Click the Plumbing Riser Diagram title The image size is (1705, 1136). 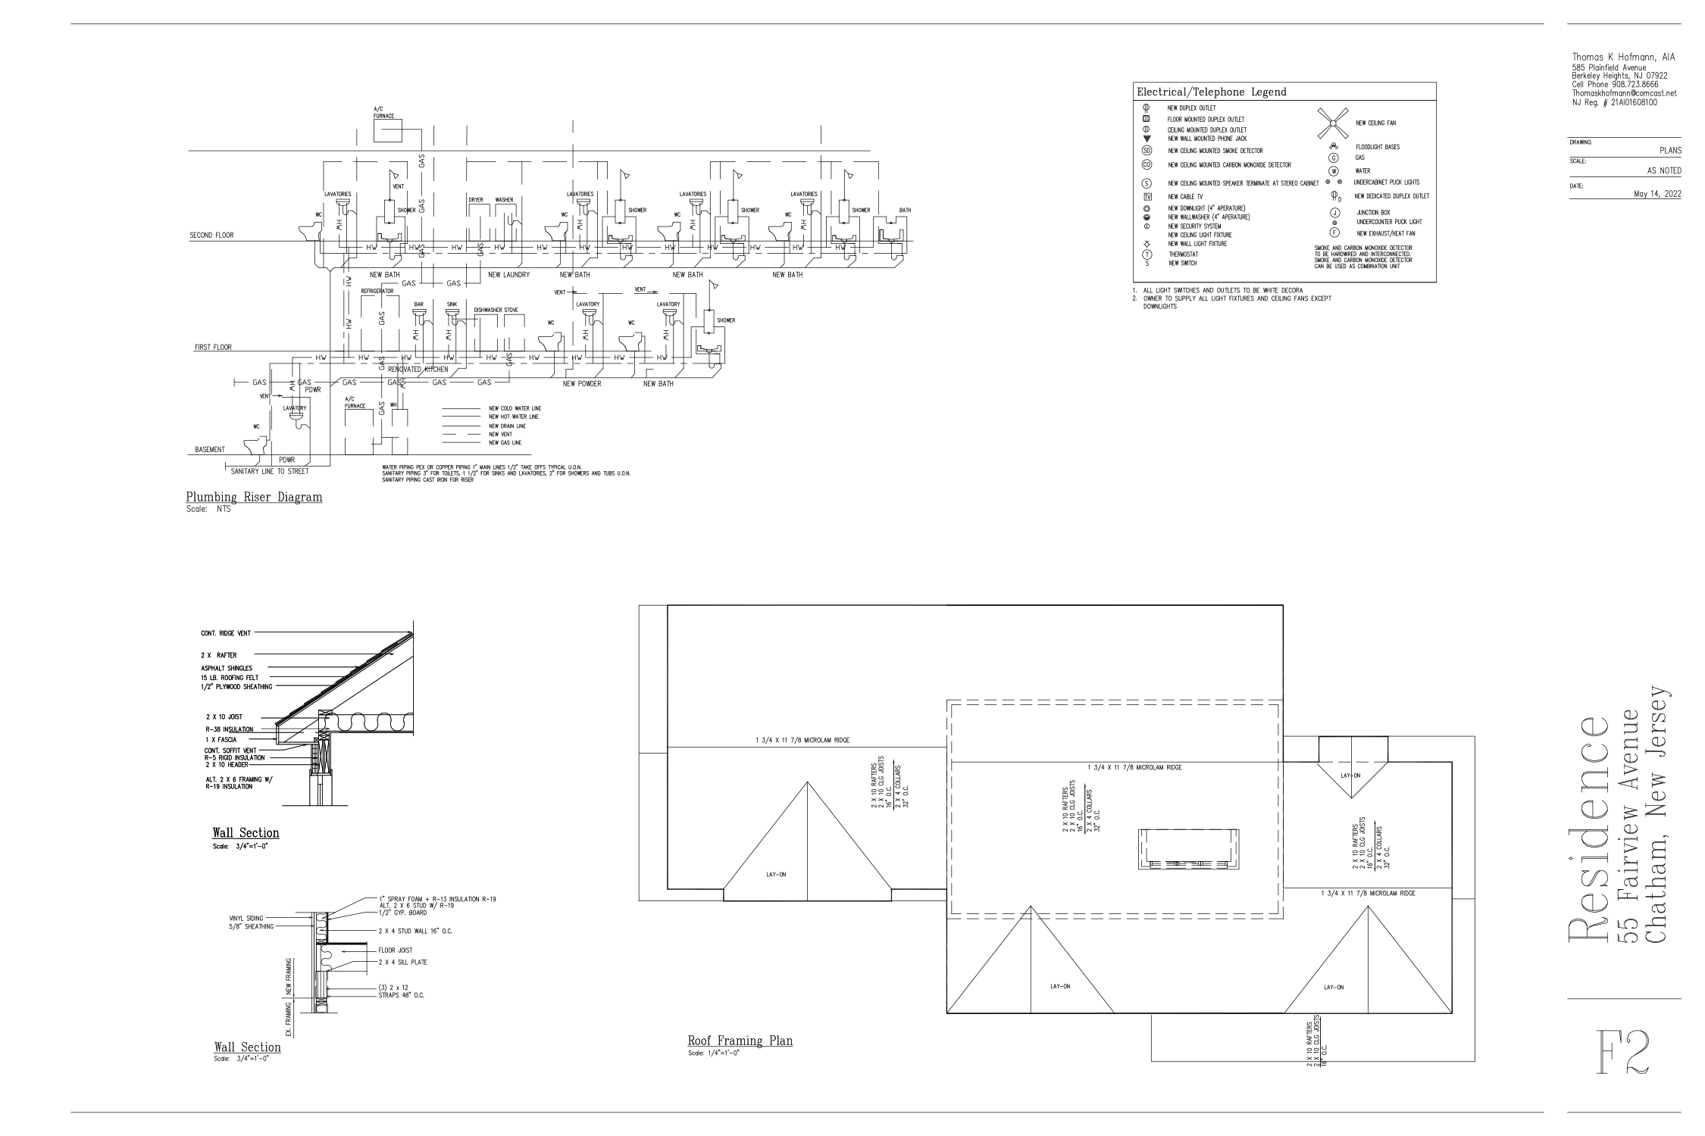tap(254, 498)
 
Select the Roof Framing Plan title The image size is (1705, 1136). tap(740, 1041)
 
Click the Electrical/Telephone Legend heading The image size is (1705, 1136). tap(1212, 92)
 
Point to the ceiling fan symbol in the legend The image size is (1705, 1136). tap(1334, 123)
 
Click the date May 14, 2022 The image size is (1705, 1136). tap(1657, 194)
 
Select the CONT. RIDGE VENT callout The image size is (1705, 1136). tap(225, 633)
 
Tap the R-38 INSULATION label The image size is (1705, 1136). tap(230, 729)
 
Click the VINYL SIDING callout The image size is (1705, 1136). tap(246, 918)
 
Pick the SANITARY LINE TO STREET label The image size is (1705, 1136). tap(270, 471)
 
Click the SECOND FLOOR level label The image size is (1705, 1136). tap(211, 236)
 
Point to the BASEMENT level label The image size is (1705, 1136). tap(210, 450)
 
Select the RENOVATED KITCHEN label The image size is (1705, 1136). tap(418, 370)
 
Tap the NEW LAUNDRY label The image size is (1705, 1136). tap(508, 275)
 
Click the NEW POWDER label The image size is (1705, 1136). tap(582, 384)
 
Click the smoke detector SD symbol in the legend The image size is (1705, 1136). tap(1147, 151)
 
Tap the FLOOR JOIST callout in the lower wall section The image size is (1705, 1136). tap(395, 950)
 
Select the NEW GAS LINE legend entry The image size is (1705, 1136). tap(505, 442)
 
